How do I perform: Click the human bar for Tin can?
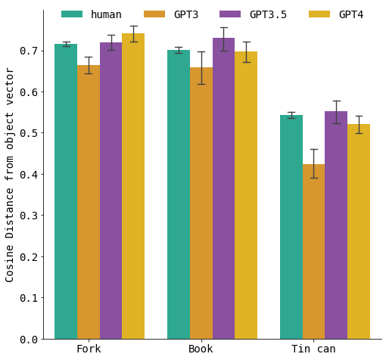coord(291,227)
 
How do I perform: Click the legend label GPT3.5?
coord(268,14)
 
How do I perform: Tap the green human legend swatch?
coord(72,14)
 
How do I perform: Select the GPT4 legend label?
coord(350,14)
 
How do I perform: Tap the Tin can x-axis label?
coord(313,349)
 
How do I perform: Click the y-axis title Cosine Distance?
coord(10,174)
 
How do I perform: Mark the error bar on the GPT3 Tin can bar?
coord(314,163)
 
